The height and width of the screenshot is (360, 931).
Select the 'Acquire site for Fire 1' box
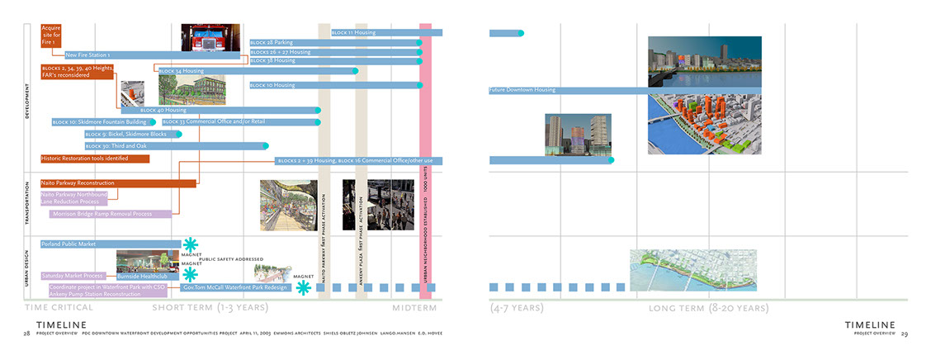pos(51,36)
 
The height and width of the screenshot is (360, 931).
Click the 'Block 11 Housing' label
pos(353,33)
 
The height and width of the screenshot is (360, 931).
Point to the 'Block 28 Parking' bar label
pos(273,42)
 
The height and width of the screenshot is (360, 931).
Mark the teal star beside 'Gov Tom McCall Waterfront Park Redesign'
pos(304,287)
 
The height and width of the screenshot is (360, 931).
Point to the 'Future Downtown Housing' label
pos(522,89)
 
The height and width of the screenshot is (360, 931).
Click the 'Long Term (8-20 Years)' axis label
pos(707,308)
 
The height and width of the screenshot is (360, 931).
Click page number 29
pos(905,334)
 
